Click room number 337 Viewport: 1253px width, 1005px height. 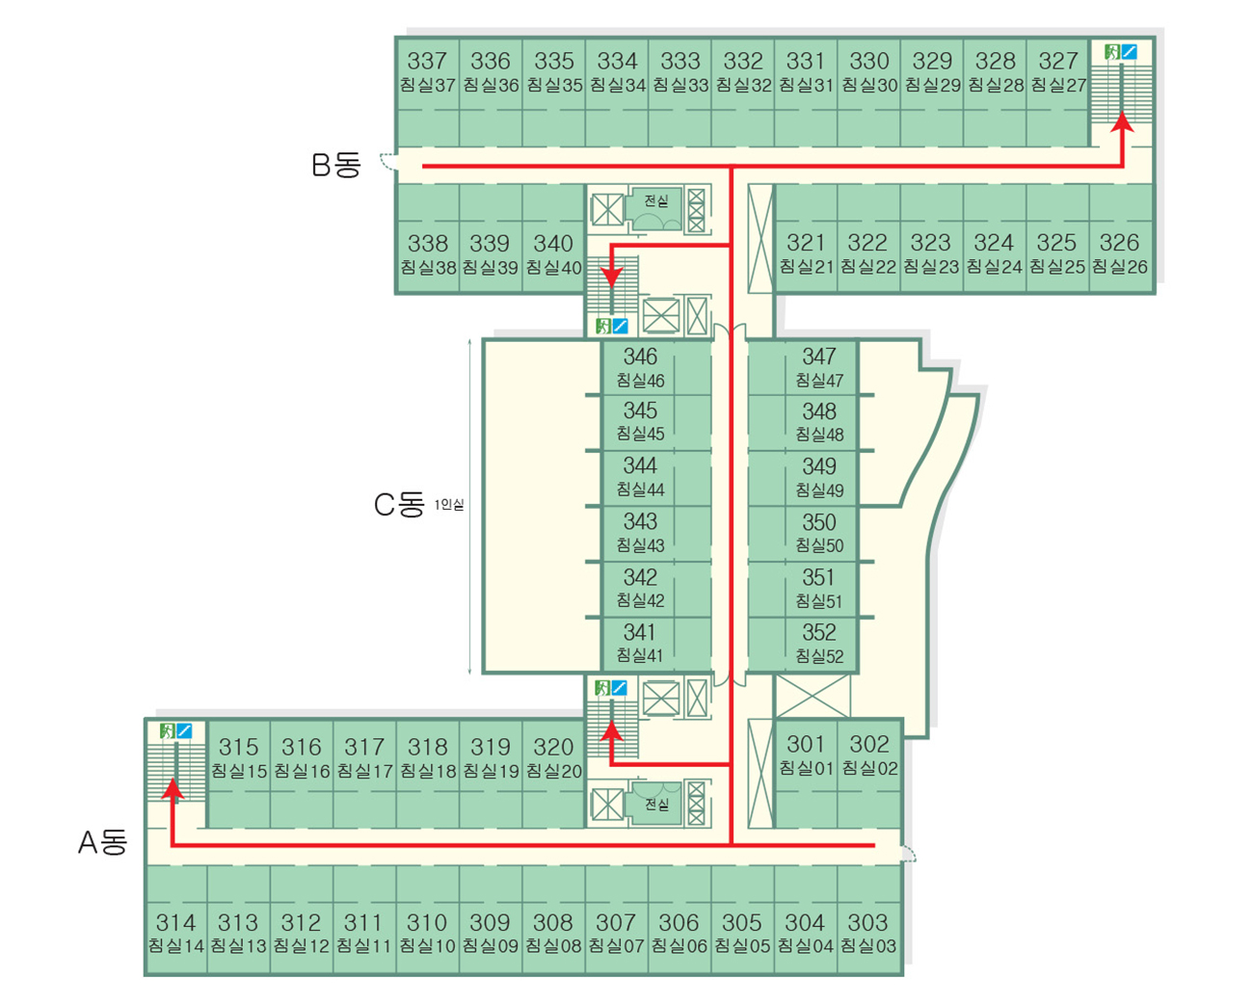click(427, 62)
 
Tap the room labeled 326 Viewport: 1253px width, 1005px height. click(1119, 243)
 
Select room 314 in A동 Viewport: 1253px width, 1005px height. click(175, 923)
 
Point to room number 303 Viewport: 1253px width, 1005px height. click(868, 923)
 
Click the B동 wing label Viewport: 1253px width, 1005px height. click(335, 165)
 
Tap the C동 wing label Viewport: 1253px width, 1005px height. click(399, 504)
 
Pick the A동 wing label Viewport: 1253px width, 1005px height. click(103, 843)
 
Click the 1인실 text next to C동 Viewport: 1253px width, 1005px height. click(449, 505)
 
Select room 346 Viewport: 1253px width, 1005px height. click(640, 357)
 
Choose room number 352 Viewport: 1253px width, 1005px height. click(819, 633)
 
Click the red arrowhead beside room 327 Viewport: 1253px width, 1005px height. click(1122, 121)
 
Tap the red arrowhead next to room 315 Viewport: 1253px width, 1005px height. click(173, 789)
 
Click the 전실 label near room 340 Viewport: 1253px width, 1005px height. click(656, 201)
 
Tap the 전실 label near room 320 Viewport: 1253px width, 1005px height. click(656, 804)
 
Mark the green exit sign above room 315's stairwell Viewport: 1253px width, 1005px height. click(168, 731)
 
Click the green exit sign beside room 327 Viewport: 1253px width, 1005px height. click(1112, 52)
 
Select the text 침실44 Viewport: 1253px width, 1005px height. click(640, 489)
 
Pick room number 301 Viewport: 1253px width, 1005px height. click(806, 744)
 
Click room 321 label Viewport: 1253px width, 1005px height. click(806, 243)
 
